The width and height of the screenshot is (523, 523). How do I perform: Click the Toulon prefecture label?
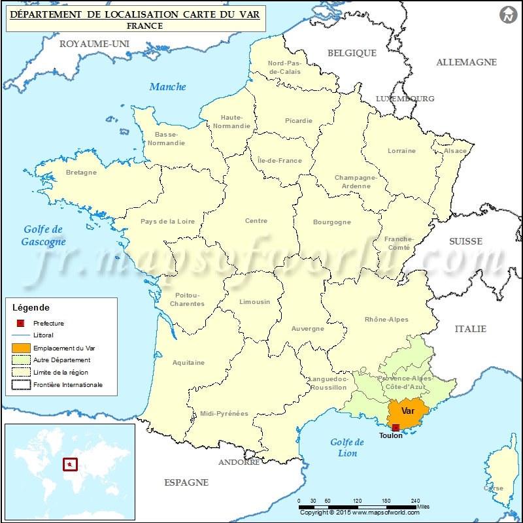pos(391,435)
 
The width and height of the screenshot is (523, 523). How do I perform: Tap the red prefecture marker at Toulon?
pos(396,428)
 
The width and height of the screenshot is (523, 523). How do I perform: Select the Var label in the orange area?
pos(408,411)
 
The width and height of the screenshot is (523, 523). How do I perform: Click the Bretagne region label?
pos(81,173)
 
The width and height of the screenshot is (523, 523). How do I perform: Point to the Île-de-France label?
pos(280,160)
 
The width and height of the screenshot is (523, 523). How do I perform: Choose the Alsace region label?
pos(456,151)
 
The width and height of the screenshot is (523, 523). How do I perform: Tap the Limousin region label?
pos(254,302)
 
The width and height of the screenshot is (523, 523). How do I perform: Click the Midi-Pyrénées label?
pos(224,413)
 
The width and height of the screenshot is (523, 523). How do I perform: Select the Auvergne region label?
pos(307,329)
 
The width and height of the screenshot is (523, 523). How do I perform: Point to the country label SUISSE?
pos(465,241)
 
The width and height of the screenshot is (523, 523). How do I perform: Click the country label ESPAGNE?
pos(186,482)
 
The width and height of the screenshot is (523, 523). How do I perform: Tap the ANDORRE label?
pos(239,462)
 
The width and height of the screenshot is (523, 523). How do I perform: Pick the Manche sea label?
pos(168,86)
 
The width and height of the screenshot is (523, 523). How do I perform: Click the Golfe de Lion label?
pos(347,448)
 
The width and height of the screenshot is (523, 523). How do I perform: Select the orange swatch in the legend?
pos(21,348)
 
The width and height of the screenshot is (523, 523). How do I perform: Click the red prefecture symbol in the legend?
pos(21,323)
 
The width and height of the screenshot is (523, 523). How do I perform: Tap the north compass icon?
pos(507,14)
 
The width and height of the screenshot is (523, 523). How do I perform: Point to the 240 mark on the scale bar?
pos(415,501)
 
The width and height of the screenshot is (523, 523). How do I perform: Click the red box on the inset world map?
pos(69,465)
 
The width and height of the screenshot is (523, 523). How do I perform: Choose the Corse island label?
pos(494,488)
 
